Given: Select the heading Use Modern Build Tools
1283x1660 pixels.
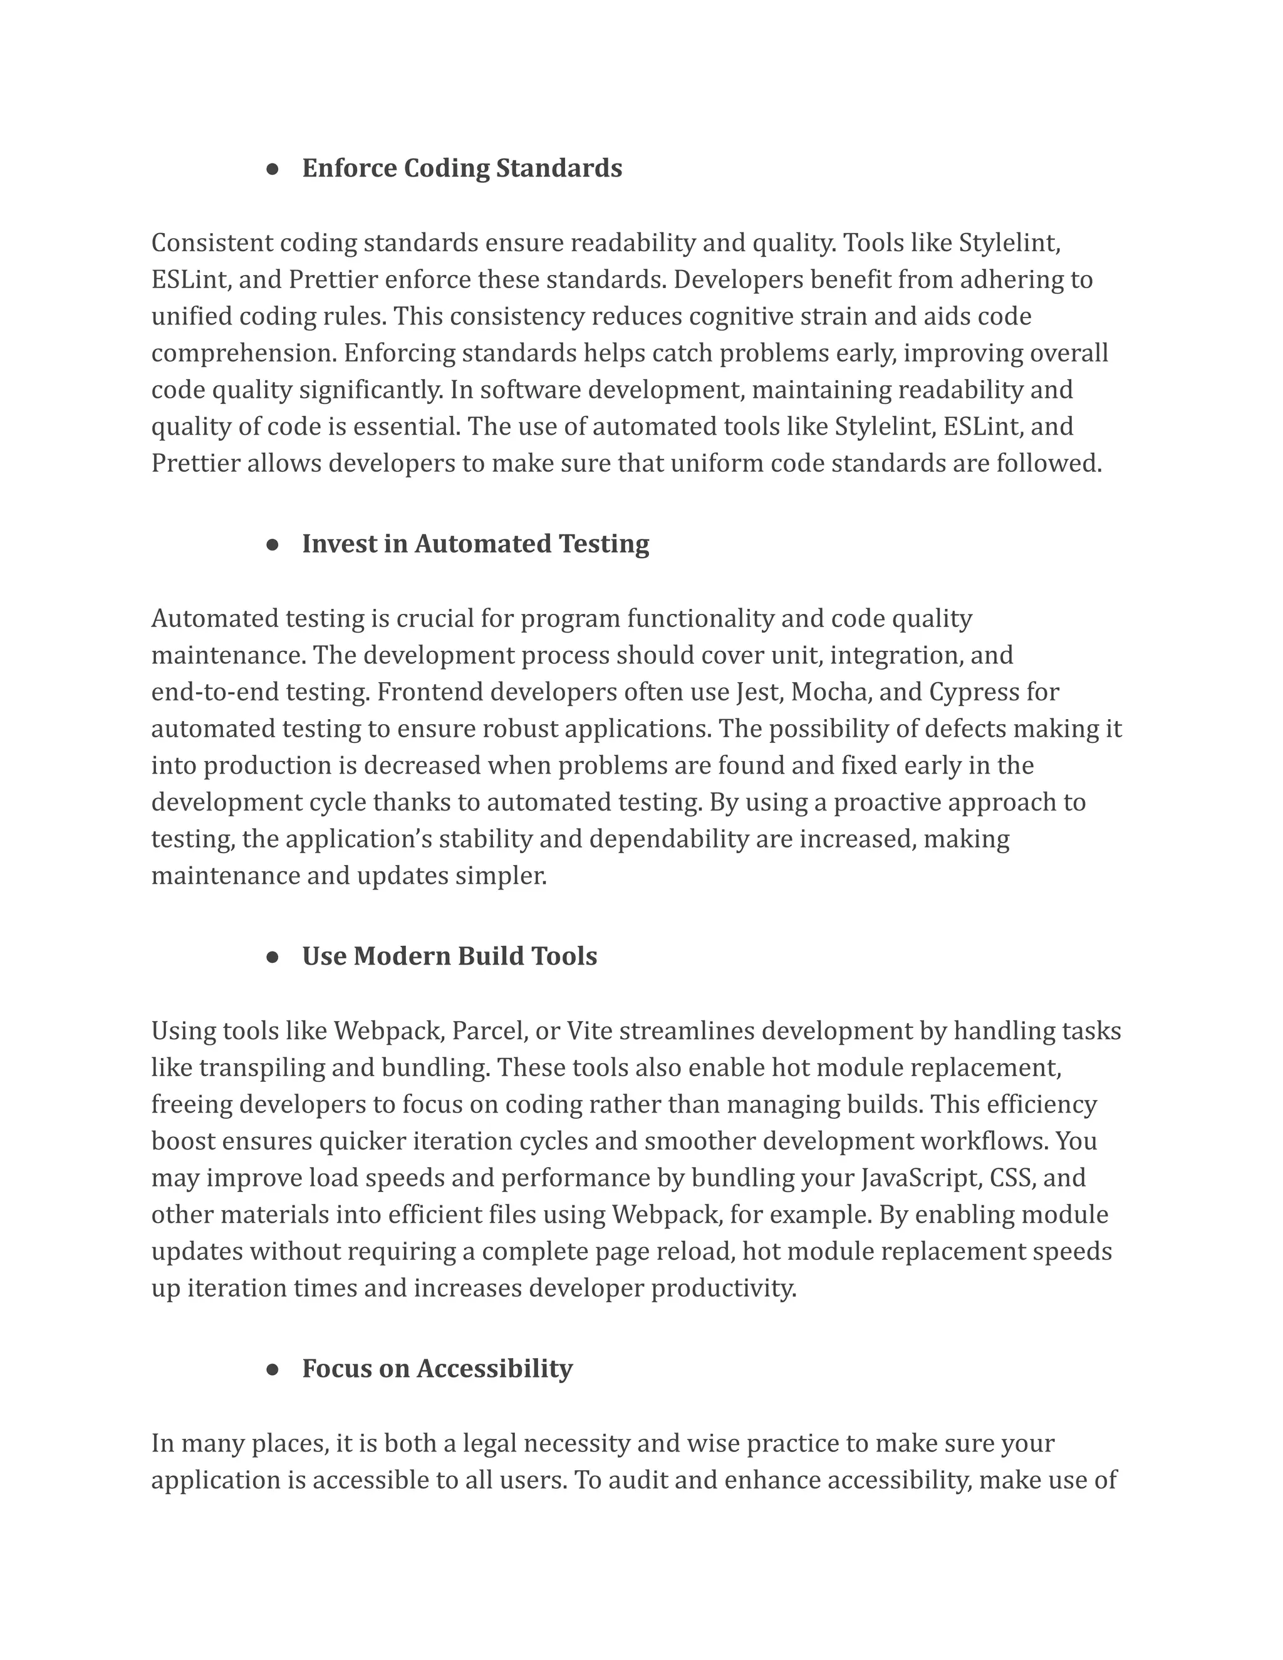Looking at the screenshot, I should (449, 956).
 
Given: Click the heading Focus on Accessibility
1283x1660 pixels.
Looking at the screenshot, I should (437, 1368).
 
